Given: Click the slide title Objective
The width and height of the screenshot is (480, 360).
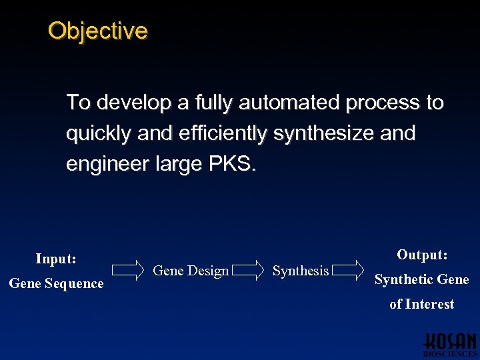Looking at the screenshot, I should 98,31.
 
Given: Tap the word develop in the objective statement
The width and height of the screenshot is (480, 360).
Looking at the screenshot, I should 131,103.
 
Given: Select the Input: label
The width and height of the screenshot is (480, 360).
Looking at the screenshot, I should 56,258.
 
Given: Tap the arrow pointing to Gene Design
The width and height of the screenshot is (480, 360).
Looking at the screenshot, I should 128,270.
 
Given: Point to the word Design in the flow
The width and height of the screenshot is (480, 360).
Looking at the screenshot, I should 208,271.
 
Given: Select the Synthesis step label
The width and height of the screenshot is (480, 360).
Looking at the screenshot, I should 301,271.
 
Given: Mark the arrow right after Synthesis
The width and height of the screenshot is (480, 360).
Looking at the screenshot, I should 347,270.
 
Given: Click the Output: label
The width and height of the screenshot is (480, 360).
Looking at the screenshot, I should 422,255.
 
